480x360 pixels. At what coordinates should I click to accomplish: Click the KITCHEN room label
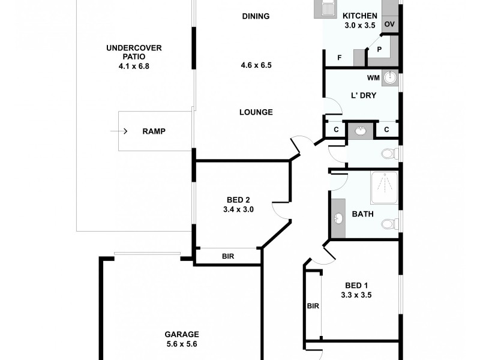click(x=360, y=16)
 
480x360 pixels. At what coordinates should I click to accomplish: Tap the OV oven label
click(x=389, y=24)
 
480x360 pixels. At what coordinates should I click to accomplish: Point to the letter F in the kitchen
click(x=340, y=58)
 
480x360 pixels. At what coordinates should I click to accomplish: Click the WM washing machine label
click(x=372, y=78)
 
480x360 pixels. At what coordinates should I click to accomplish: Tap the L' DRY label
click(x=363, y=95)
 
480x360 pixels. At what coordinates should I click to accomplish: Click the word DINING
click(x=256, y=16)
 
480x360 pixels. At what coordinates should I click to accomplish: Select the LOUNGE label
click(x=256, y=112)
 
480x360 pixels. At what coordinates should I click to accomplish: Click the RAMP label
click(x=154, y=131)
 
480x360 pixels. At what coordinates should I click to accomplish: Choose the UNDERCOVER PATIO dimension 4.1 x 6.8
click(x=134, y=67)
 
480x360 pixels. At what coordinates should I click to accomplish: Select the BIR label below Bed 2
click(x=228, y=256)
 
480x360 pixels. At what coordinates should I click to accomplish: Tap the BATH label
click(x=362, y=214)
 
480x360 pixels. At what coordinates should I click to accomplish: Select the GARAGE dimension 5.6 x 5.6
click(x=181, y=344)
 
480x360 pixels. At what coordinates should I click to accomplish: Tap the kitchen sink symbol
click(x=327, y=10)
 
